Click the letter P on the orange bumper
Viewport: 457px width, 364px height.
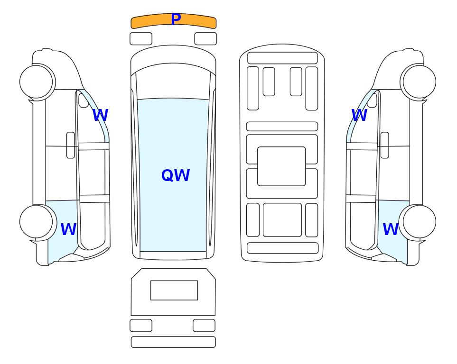pos(176,19)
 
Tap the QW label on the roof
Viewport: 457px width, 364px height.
pos(176,175)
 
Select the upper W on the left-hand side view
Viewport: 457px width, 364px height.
pos(100,115)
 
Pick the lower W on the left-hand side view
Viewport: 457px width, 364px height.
pos(68,229)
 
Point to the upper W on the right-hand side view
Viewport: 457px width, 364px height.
pos(359,115)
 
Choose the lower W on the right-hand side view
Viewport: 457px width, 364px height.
pos(391,229)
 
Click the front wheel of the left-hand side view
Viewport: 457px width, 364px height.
pos(36,82)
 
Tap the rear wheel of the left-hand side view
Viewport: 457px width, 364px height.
pos(36,222)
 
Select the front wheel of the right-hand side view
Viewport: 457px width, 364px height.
pos(420,82)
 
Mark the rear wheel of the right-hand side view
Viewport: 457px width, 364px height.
pos(420,222)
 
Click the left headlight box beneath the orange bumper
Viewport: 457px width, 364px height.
pos(141,39)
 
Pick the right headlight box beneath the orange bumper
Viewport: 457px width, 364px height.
pos(205,39)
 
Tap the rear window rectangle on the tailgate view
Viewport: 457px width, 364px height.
pos(174,290)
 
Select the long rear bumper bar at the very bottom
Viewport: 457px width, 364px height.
pos(173,342)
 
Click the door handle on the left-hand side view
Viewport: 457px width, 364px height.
pos(71,145)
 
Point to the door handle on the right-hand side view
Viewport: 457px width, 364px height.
pos(385,145)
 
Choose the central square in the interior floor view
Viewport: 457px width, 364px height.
pos(281,166)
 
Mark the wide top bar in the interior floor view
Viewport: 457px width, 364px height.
pos(282,58)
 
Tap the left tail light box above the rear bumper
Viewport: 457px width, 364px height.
pos(141,325)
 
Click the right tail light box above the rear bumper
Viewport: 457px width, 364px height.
pos(204,325)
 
